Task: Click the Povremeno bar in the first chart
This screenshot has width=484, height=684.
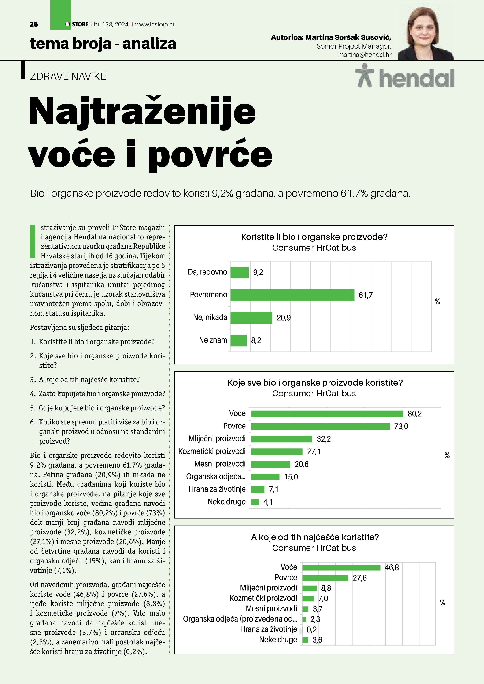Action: coord(292,295)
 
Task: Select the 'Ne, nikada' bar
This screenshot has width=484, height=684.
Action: coord(251,318)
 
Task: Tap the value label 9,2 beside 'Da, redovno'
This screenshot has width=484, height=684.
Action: coord(258,272)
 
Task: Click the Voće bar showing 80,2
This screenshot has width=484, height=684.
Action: coord(327,413)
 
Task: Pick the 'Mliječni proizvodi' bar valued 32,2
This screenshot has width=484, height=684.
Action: coord(281,439)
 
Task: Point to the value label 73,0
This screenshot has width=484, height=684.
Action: coord(401,426)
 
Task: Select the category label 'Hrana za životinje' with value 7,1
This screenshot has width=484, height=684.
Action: coord(217,489)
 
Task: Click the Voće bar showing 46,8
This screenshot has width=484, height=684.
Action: coord(341,567)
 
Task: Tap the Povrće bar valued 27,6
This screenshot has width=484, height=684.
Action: coord(325,578)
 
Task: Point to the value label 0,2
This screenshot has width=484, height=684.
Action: coord(312,629)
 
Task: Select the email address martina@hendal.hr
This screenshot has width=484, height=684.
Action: coord(365,55)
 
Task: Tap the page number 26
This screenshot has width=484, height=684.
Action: coord(34,24)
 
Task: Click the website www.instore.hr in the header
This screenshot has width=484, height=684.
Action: coord(155,24)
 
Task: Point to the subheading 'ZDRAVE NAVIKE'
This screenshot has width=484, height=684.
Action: coord(68,76)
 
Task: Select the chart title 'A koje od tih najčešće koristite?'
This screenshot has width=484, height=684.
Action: coord(315,537)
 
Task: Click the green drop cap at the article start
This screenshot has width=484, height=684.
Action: coord(33,241)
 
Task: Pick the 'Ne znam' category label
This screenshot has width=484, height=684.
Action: coord(213,340)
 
